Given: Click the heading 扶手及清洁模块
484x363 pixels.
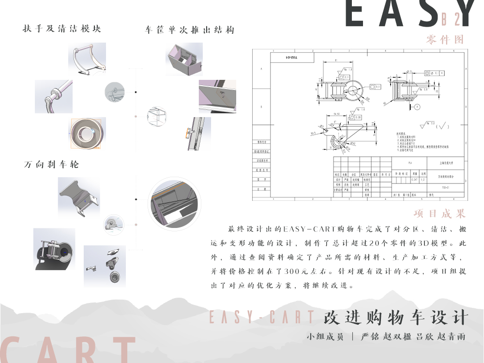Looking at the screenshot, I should [62, 29].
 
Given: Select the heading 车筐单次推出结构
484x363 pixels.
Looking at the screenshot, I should [190, 30].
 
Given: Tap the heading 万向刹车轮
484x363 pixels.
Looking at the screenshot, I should [51, 165].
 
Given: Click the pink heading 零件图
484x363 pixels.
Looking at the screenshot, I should [445, 40].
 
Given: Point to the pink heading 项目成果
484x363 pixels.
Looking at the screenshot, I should [439, 213].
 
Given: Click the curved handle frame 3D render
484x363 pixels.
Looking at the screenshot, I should [87, 60].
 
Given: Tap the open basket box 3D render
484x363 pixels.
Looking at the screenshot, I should [183, 59].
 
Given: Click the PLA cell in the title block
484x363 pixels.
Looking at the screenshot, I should [411, 163].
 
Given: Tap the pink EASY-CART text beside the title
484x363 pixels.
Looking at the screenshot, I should [261, 317].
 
